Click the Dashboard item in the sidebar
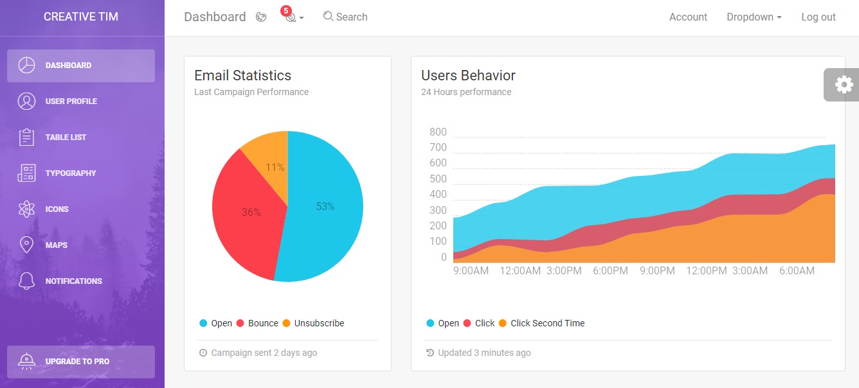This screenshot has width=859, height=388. pos(80,66)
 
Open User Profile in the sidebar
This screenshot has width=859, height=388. pos(71,101)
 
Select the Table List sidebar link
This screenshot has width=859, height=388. pos(66,137)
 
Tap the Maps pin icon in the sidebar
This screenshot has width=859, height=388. pos(26,245)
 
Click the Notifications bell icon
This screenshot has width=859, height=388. pos(26,281)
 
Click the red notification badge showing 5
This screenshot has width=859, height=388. pos(286,10)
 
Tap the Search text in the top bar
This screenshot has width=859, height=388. pos(351,17)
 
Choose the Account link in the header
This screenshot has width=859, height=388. pos(688,17)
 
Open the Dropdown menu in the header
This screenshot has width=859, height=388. pos(754,17)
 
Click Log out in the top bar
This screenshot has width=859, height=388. pos(818,17)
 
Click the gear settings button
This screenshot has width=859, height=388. pos(843,84)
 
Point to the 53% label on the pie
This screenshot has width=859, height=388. pos(325,207)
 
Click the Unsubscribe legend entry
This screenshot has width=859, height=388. pos(319,323)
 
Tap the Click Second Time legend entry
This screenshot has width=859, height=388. pos(547,323)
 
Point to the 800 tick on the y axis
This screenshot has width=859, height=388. pos(438,132)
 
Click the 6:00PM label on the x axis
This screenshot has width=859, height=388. pos(610,271)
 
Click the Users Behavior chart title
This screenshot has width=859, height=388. pos(468,75)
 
